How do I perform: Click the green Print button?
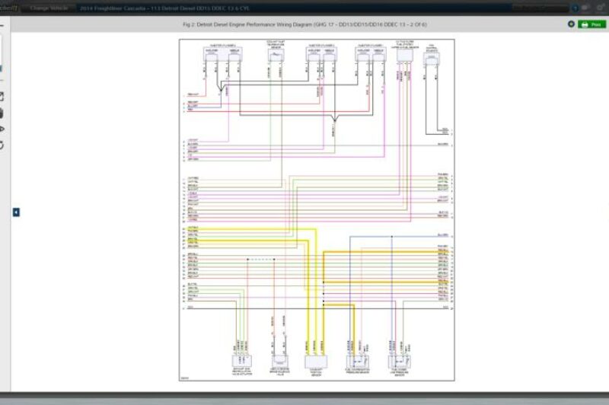[592, 24]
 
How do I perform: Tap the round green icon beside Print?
[571, 24]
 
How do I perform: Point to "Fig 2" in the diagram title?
[190, 24]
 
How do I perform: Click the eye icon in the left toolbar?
[2, 128]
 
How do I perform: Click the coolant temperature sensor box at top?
[276, 53]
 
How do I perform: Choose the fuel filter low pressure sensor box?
[400, 361]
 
